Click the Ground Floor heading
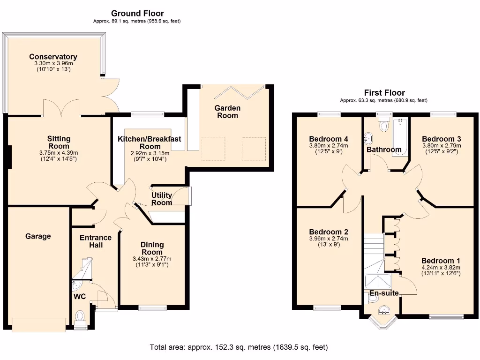coord(137,14)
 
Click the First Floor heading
coord(384,93)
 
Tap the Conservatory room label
coord(53,57)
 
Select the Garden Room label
coord(227,112)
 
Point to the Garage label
coord(38,236)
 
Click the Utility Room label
coord(162,199)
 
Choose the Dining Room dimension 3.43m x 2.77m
coord(152,259)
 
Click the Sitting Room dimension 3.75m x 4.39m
coord(59,152)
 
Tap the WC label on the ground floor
coord(79,297)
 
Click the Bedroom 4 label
coord(329,139)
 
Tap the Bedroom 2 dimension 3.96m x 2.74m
coord(329,239)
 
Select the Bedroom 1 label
coord(441,261)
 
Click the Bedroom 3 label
coord(441,139)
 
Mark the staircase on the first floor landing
coord(374,253)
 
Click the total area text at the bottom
coord(239,347)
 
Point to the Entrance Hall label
coord(96,241)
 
